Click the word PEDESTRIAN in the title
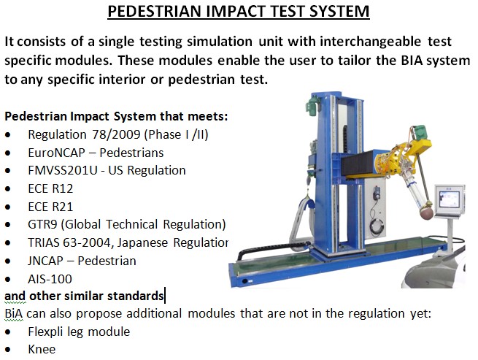coord(155,11)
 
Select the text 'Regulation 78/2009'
coord(84,134)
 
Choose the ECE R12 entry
coord(50,188)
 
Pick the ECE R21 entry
coord(50,207)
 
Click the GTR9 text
coord(42,224)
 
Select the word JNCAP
coord(45,261)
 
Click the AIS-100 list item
coord(50,279)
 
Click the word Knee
coord(42,349)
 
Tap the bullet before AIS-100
coord(7,280)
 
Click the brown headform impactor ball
coord(427,212)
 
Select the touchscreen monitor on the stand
coord(450,201)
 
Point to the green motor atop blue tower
coord(313,104)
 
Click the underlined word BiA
coord(14,313)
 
